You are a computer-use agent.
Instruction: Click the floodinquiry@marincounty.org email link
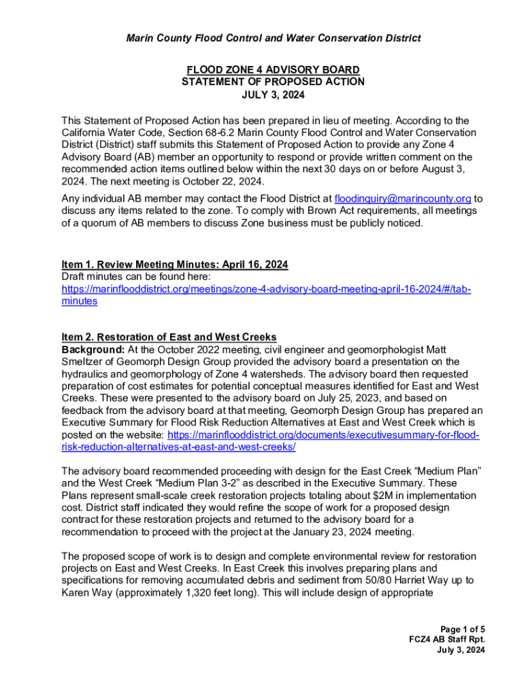point(403,199)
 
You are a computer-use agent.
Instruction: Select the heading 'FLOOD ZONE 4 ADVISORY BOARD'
point(273,70)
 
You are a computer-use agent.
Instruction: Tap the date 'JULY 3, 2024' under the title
point(273,95)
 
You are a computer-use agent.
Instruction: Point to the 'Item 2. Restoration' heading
point(169,337)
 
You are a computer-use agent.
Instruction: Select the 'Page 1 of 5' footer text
point(462,629)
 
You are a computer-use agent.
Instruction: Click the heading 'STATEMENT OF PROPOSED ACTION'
point(273,82)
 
